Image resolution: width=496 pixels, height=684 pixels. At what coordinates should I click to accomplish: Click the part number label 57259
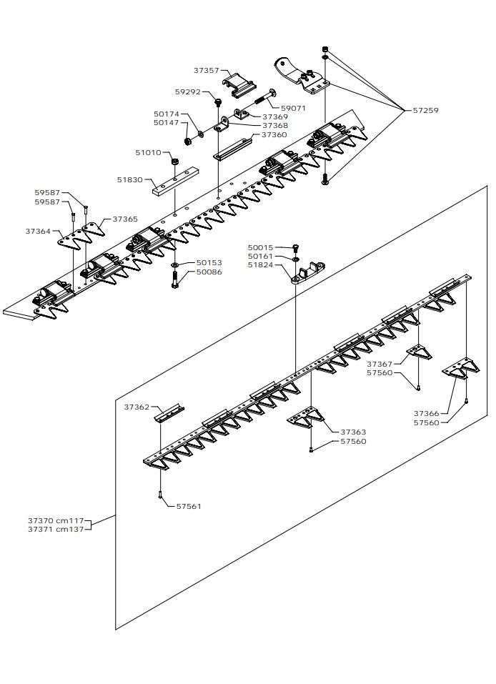[426, 111]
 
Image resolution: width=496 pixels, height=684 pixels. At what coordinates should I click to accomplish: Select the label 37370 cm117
[56, 520]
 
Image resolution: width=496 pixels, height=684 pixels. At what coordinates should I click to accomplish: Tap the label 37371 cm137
[56, 530]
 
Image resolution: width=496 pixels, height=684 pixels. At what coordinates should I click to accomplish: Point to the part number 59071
[293, 109]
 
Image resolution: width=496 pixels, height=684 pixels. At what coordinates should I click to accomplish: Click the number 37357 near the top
[207, 71]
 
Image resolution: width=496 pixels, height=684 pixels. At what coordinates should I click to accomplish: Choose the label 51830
[130, 180]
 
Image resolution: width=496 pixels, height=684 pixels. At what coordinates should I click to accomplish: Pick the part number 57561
[189, 506]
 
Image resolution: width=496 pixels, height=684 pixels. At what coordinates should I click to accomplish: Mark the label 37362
[137, 407]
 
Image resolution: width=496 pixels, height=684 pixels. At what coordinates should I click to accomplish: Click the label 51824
[260, 265]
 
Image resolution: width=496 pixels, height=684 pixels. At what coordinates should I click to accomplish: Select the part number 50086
[209, 272]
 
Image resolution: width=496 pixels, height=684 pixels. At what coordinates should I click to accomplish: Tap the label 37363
[353, 432]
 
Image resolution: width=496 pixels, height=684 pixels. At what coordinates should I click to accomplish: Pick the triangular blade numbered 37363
[305, 420]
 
